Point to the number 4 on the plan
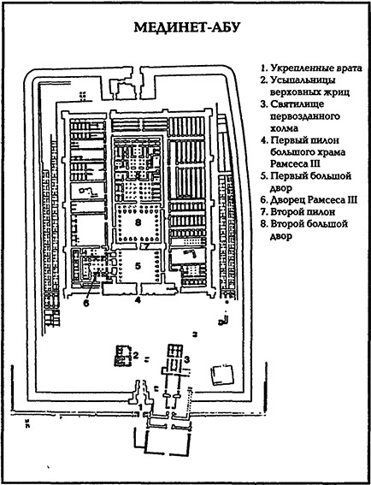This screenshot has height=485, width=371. pyautogui.click(x=136, y=300)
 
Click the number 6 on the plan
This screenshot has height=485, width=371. pyautogui.click(x=86, y=302)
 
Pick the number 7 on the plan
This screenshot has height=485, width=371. pyautogui.click(x=147, y=246)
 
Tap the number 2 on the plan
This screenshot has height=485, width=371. pyautogui.click(x=135, y=353)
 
